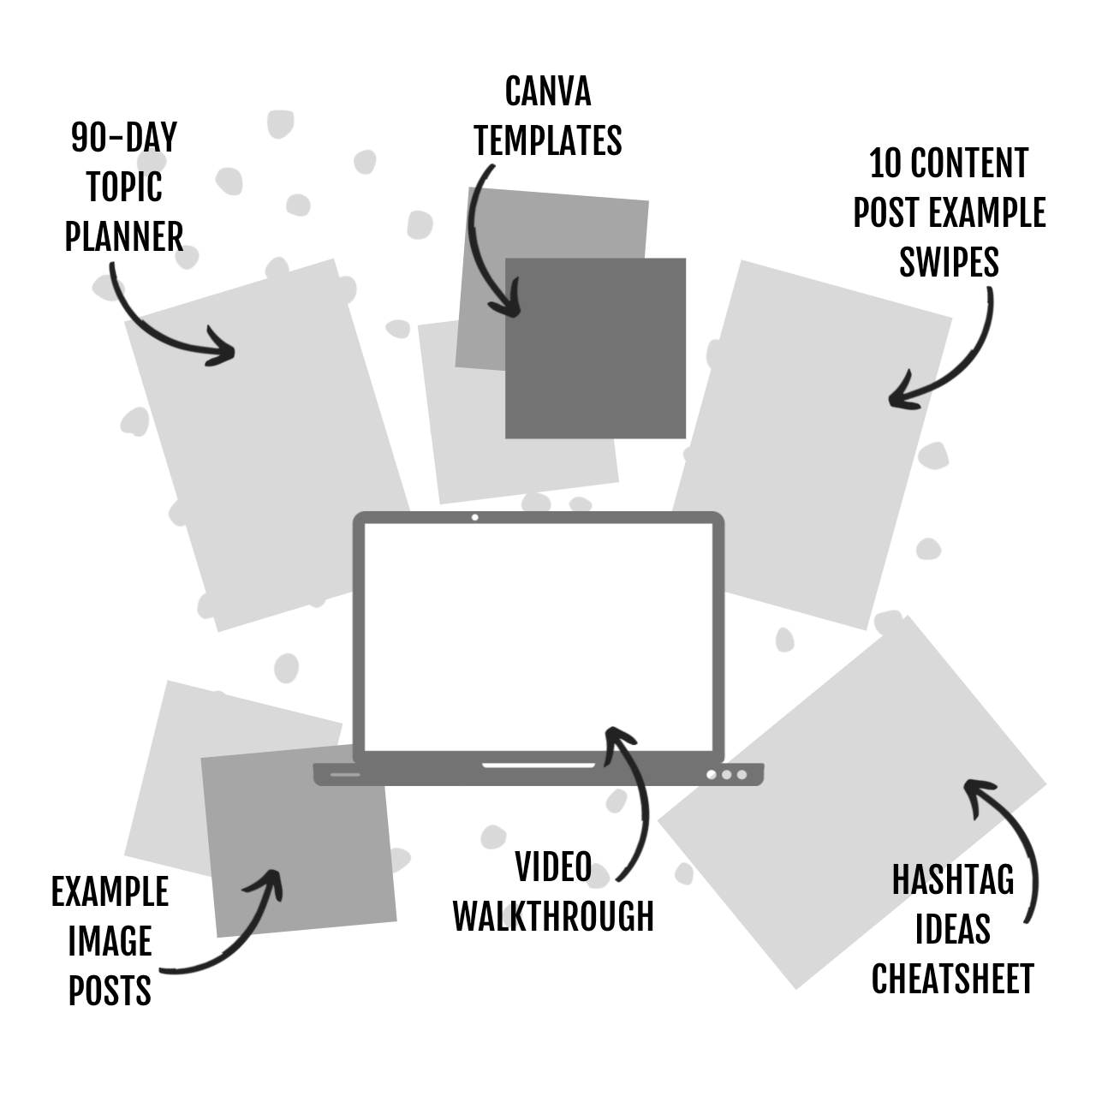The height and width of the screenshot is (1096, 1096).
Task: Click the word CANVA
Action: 548,92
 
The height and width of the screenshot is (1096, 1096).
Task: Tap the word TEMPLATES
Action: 548,141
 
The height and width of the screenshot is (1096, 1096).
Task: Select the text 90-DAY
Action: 124,138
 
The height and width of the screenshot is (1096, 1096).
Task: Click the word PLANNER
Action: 124,237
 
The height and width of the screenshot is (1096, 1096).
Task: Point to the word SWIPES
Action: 949,262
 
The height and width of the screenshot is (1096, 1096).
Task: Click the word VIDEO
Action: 553,867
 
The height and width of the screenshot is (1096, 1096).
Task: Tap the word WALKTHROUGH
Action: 553,916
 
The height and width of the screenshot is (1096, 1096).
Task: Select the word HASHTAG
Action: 953,880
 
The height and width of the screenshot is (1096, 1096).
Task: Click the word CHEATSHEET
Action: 953,980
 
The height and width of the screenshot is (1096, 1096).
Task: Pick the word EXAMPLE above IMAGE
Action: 110,893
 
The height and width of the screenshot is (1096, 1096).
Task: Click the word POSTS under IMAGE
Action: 110,992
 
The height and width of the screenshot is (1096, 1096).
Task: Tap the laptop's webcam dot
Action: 475,517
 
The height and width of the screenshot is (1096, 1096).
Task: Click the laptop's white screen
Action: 538,634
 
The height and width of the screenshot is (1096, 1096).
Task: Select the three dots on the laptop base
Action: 726,775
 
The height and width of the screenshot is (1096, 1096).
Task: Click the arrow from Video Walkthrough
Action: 638,805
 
